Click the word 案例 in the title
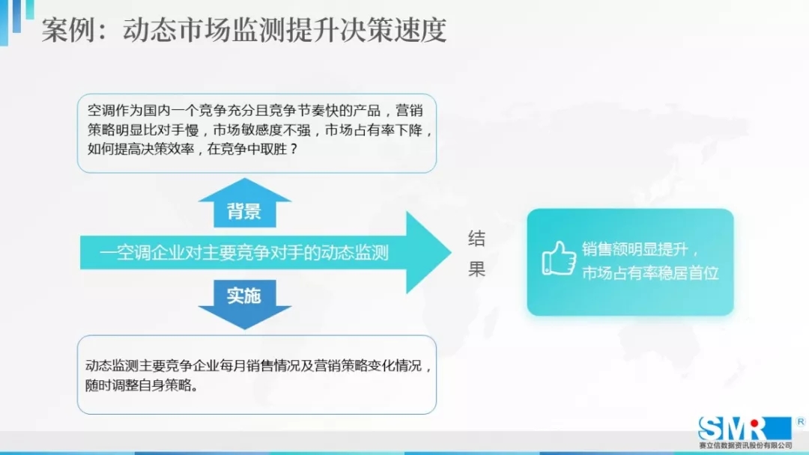point(68,30)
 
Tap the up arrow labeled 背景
point(244,203)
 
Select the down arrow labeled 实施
point(244,304)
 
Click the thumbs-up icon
point(559,258)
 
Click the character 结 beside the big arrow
point(476,239)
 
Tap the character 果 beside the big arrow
point(476,269)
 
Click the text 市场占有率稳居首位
point(650,273)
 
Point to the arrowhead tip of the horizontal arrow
point(452,252)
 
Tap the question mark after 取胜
point(294,150)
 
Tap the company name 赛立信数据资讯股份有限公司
point(745,445)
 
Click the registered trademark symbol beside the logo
point(800,421)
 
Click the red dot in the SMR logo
point(755,424)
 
